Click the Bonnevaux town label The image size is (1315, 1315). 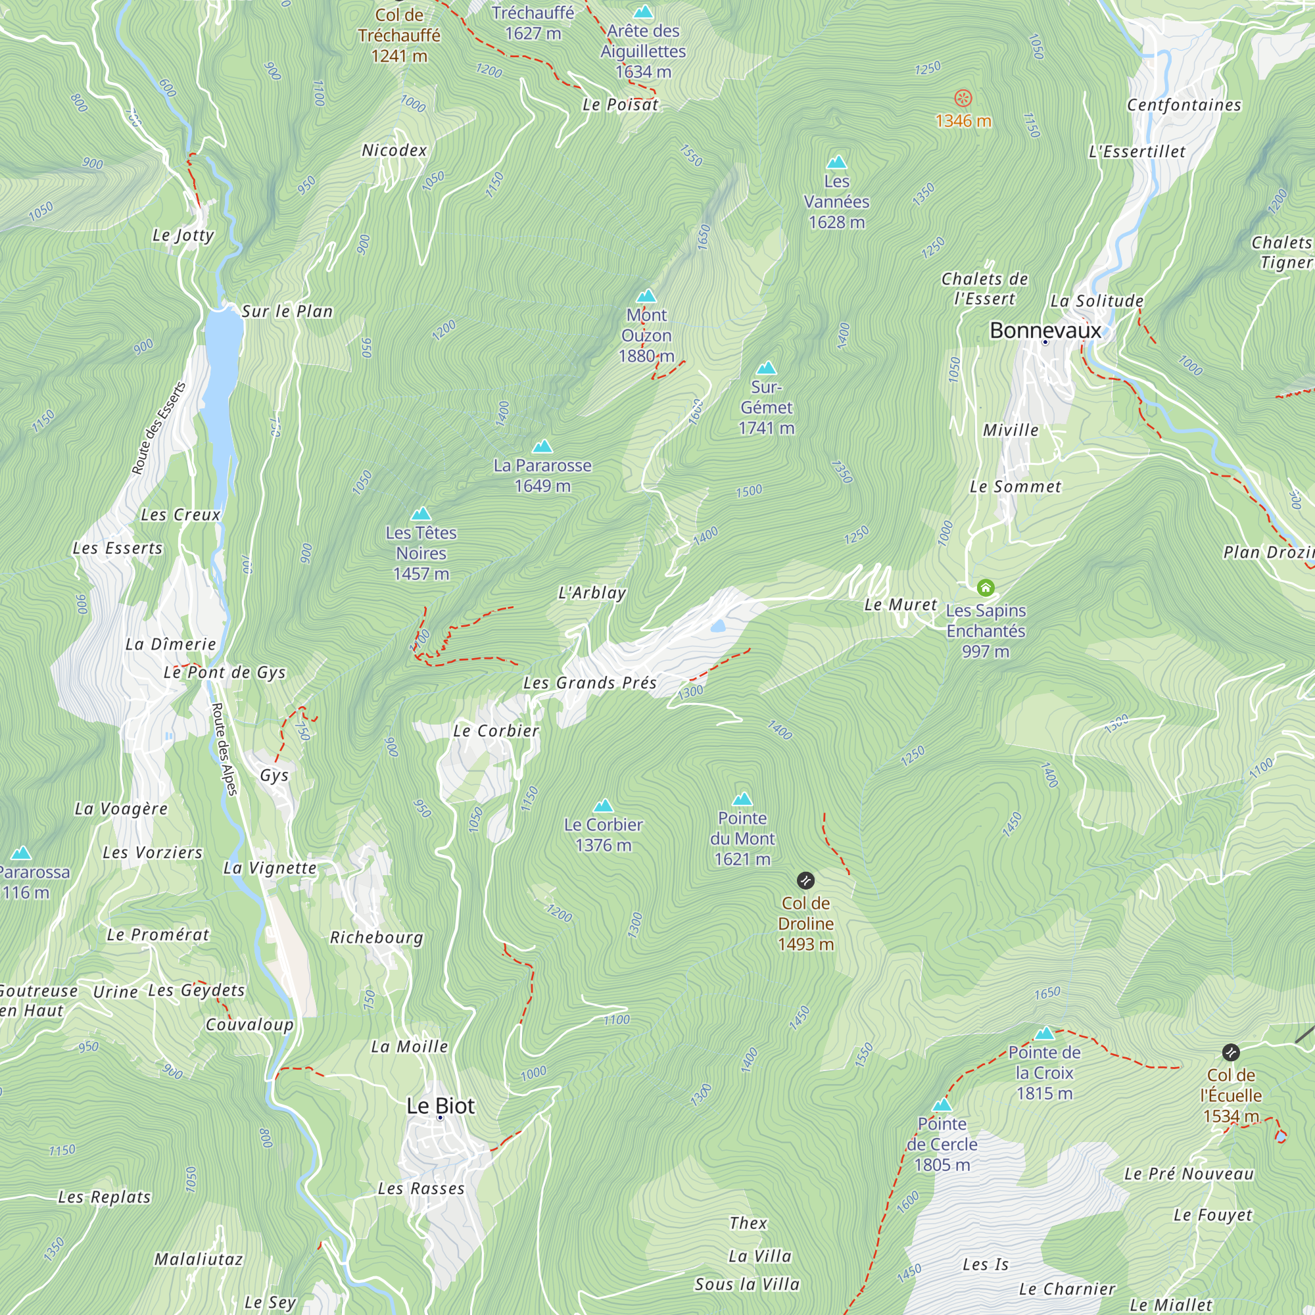click(1045, 330)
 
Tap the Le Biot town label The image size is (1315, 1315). click(441, 1105)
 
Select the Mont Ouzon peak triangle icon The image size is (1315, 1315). click(646, 296)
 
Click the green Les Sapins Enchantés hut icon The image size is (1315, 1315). click(986, 586)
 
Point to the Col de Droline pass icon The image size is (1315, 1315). click(805, 881)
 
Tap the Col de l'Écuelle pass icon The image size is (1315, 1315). click(1231, 1052)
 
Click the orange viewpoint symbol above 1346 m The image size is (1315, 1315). click(963, 98)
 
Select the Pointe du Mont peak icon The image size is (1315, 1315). click(742, 798)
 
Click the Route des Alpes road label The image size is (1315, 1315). click(224, 749)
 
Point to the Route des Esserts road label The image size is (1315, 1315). click(158, 429)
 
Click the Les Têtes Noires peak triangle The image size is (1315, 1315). click(421, 514)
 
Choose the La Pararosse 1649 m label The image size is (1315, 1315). click(542, 475)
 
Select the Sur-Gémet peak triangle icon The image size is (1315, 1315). click(767, 368)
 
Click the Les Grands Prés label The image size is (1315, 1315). click(589, 682)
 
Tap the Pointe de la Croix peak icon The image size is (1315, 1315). click(1044, 1033)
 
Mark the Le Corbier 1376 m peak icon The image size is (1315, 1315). click(603, 806)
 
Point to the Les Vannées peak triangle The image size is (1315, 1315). click(836, 162)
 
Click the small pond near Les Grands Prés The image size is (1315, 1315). click(718, 626)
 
